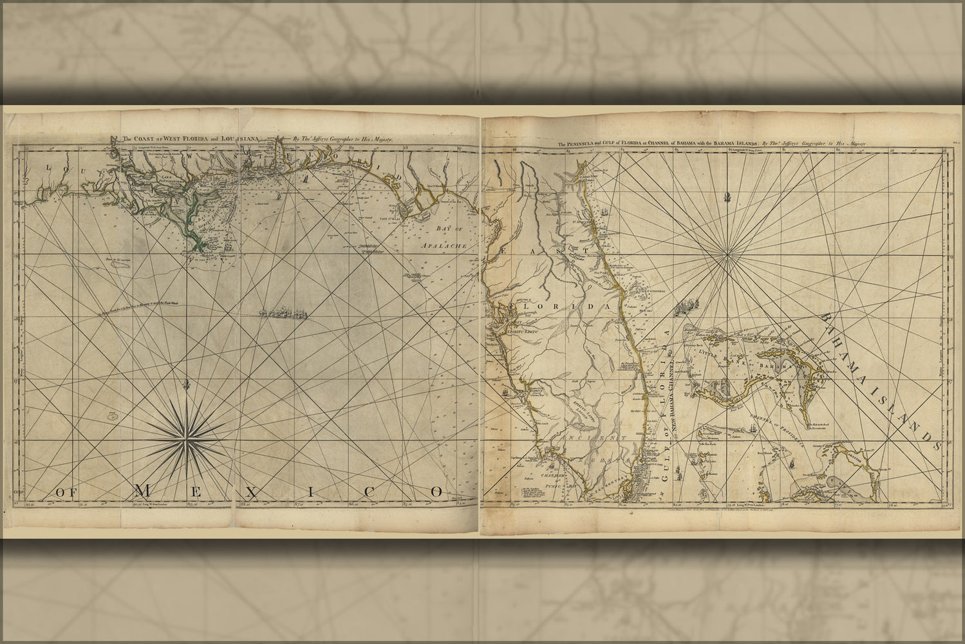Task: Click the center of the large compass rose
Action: point(186,442)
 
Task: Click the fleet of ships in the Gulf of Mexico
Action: point(283,314)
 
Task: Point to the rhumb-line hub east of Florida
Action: point(727,256)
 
